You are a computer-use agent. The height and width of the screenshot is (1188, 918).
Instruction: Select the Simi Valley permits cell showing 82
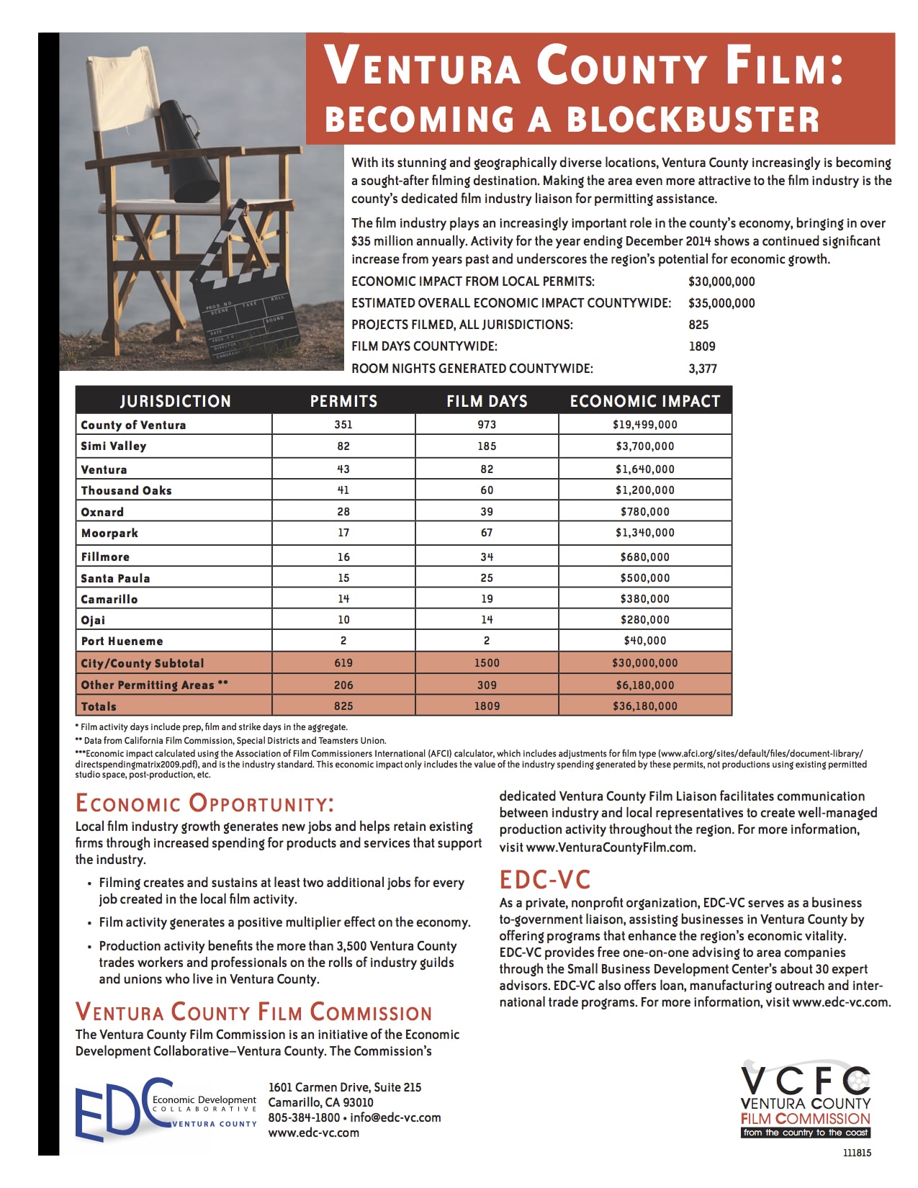[x=343, y=446]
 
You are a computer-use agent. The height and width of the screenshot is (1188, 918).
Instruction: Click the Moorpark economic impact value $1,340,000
[x=644, y=533]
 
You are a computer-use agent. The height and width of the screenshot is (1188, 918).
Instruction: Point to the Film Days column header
[x=487, y=401]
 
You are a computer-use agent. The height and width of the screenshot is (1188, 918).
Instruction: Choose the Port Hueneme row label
[x=122, y=641]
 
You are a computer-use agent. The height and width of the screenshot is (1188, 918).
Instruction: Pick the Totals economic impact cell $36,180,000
[x=644, y=706]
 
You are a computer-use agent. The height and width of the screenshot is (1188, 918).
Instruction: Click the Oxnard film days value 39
[x=487, y=512]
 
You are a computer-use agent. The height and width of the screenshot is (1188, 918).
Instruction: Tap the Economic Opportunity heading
[x=204, y=804]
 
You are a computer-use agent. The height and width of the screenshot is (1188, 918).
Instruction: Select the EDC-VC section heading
[x=545, y=880]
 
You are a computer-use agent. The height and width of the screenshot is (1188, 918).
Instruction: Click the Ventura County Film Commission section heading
[x=253, y=1012]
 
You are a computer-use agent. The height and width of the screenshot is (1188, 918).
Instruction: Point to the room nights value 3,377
[x=703, y=369]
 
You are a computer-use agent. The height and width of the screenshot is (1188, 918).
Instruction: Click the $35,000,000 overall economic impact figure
[x=721, y=303]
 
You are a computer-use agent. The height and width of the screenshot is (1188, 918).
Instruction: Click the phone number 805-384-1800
[x=304, y=1117]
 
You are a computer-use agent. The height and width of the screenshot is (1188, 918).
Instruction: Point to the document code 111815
[x=857, y=1153]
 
